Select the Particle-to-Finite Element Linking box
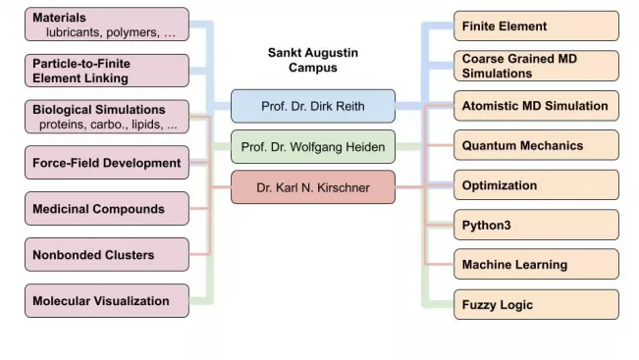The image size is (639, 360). (106, 70)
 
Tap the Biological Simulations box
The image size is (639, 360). (106, 116)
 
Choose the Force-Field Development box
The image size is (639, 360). (106, 163)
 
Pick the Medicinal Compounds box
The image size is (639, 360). (106, 209)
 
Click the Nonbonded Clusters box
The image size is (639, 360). (106, 255)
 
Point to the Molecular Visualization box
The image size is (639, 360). (106, 301)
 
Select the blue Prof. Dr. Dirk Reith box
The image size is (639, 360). (313, 106)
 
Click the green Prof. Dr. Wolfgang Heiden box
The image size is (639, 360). (313, 147)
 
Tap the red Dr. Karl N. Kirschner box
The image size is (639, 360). (313, 187)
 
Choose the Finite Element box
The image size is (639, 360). (536, 26)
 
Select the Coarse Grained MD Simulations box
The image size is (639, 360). (536, 66)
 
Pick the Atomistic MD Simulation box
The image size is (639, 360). (536, 106)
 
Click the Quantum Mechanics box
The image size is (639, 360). (536, 145)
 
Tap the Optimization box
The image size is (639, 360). (536, 185)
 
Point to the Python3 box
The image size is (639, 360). (536, 225)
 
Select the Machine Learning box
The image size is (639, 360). (536, 265)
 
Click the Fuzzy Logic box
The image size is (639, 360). (536, 305)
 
